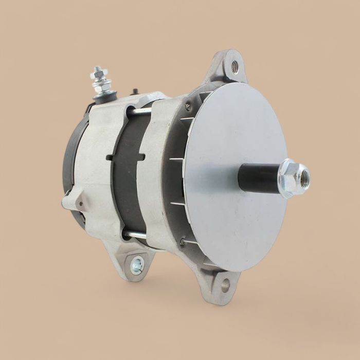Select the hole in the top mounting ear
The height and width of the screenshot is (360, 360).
[x=235, y=66]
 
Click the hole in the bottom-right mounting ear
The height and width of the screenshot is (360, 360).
[x=225, y=284]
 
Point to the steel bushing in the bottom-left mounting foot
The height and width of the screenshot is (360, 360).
[x=137, y=266]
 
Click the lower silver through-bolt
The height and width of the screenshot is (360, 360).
[x=135, y=235]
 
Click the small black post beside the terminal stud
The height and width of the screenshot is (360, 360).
[x=135, y=92]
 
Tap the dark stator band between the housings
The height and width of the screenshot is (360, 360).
[x=126, y=175]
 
